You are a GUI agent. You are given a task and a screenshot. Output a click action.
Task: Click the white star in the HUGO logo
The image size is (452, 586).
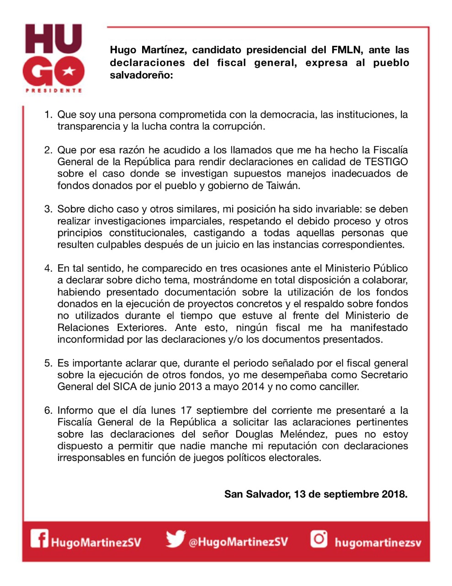pos(69,71)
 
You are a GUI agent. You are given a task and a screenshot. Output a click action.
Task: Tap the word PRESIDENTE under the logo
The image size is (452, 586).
pos(53,91)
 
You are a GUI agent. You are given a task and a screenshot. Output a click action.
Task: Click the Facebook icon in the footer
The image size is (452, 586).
pos(39,538)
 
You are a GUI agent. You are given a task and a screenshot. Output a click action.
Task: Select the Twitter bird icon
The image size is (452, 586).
pos(175,539)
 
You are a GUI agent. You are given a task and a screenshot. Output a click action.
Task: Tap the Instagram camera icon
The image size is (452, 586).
pos(319,538)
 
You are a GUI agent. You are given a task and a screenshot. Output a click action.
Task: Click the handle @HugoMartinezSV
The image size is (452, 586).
pos(238,542)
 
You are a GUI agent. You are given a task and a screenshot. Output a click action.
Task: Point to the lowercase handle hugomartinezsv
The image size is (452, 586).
pos(378,543)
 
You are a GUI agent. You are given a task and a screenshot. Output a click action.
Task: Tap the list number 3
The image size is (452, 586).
pos(48,209)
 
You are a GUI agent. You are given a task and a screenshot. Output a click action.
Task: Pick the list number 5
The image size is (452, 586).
pos(48,363)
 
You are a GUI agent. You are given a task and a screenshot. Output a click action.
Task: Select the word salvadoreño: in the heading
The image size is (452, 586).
pos(141,75)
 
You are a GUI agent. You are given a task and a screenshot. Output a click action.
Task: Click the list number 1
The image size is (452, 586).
pos(48,114)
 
